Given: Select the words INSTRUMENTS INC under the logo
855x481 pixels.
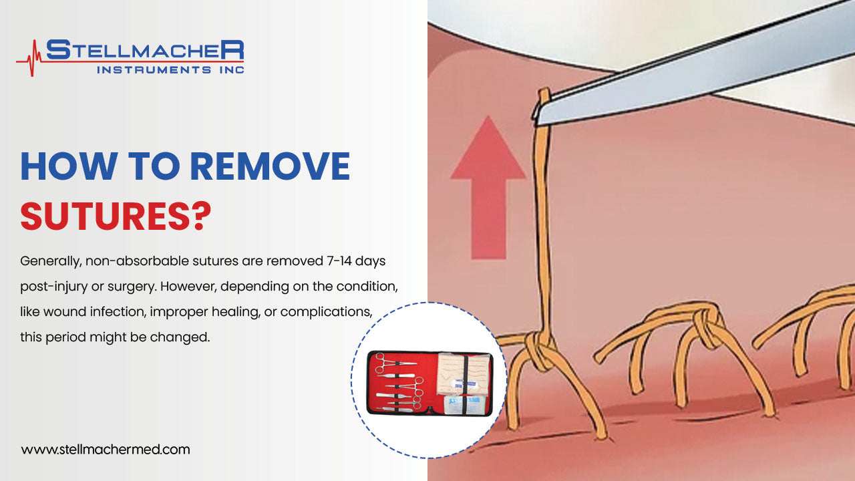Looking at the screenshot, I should [170, 69].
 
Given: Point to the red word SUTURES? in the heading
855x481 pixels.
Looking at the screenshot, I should [116, 216].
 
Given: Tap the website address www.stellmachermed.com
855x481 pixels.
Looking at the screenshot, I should [106, 450].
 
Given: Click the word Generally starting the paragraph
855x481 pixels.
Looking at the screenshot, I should [50, 259].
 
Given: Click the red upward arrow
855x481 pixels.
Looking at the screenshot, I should [488, 187].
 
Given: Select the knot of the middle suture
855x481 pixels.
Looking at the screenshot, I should [708, 321].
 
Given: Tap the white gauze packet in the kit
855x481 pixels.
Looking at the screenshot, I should [466, 404].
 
